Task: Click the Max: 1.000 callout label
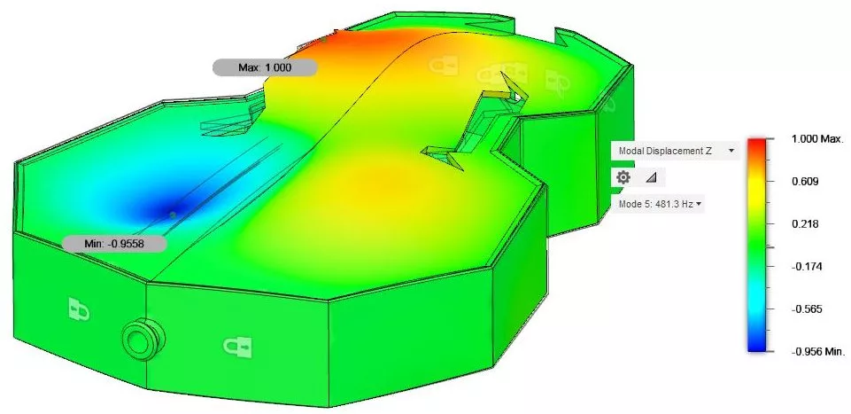coord(264,67)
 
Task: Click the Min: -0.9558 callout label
coord(114,244)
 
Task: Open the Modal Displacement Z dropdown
coord(675,151)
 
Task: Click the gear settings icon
coord(623,177)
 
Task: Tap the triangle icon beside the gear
coord(650,177)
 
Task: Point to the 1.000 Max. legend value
coord(815,138)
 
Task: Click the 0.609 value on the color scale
coord(800,181)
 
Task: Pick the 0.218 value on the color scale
coord(800,223)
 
